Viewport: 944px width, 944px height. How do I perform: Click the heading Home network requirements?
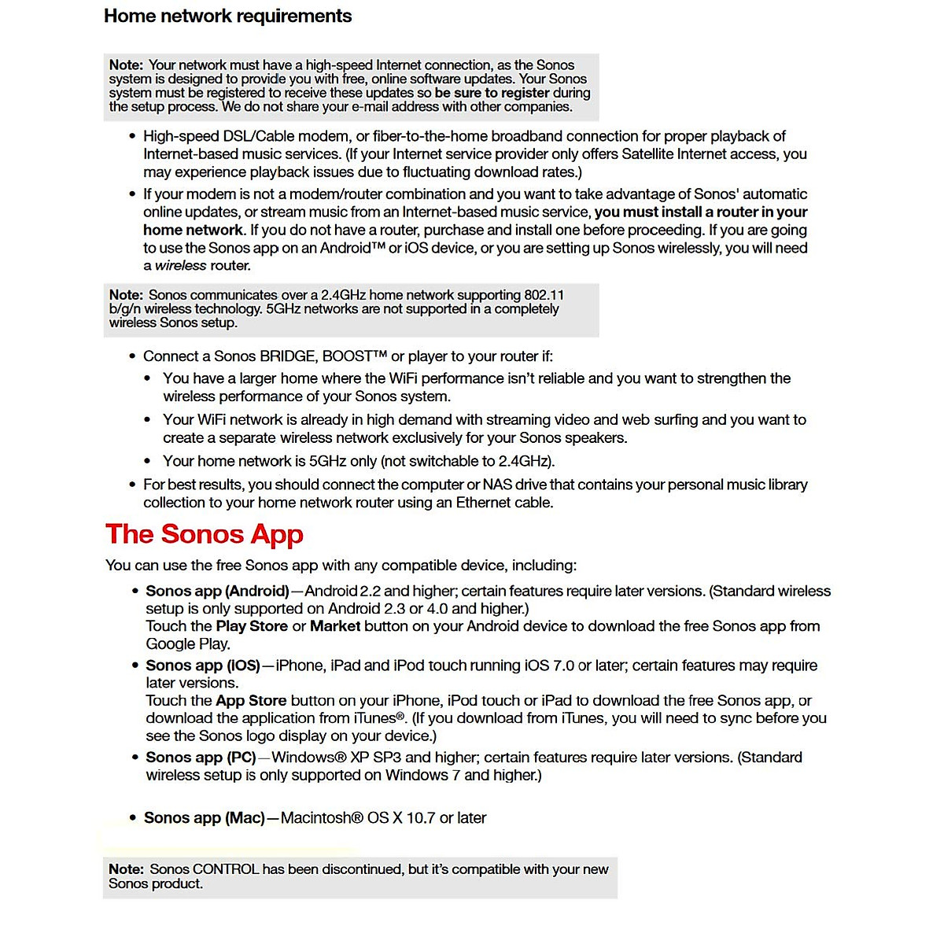[228, 16]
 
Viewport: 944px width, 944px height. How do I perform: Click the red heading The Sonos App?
[205, 534]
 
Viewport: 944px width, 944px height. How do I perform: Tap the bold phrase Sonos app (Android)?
[217, 591]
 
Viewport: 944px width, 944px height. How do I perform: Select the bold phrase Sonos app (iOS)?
[203, 666]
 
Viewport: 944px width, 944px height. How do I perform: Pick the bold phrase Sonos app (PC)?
[201, 758]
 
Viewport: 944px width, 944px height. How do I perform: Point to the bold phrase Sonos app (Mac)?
[205, 818]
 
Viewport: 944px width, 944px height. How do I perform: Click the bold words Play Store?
[252, 626]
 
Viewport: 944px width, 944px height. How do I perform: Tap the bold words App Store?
[251, 701]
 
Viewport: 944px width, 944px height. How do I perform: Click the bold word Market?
[335, 626]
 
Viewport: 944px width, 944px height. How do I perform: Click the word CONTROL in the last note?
[226, 869]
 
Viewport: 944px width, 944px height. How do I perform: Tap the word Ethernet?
[481, 503]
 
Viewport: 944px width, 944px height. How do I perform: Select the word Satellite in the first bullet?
[651, 154]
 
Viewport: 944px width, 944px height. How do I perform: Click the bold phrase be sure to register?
[492, 93]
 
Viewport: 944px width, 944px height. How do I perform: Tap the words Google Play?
[188, 644]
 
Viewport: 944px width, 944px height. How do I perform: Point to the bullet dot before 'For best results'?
[132, 485]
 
